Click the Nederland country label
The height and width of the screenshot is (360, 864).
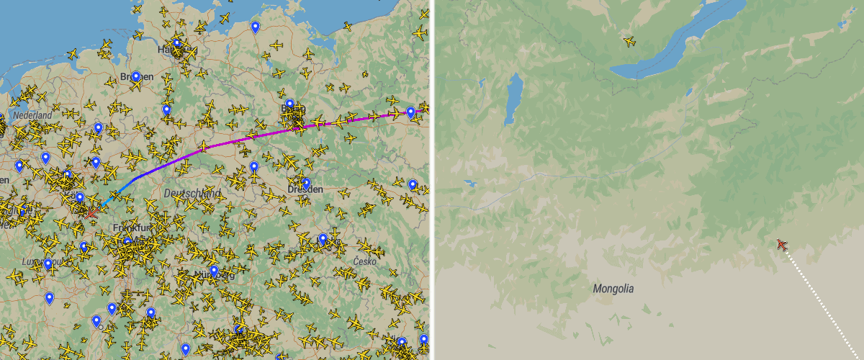32,115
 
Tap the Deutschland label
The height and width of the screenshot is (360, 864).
192,194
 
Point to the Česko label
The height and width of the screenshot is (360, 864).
364,261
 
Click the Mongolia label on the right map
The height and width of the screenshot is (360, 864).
613,289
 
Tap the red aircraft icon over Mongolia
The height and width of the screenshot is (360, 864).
782,245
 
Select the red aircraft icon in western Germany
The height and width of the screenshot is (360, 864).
91,212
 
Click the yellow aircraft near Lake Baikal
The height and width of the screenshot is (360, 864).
630,41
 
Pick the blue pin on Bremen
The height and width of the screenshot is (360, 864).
135,76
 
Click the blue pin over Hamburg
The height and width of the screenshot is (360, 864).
177,43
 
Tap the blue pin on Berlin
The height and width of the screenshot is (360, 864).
290,104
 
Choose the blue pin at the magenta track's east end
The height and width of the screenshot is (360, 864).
410,112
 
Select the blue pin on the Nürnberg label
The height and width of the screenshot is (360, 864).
214,271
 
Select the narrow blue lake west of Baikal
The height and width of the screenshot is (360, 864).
514,97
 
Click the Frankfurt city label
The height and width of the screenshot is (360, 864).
130,228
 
